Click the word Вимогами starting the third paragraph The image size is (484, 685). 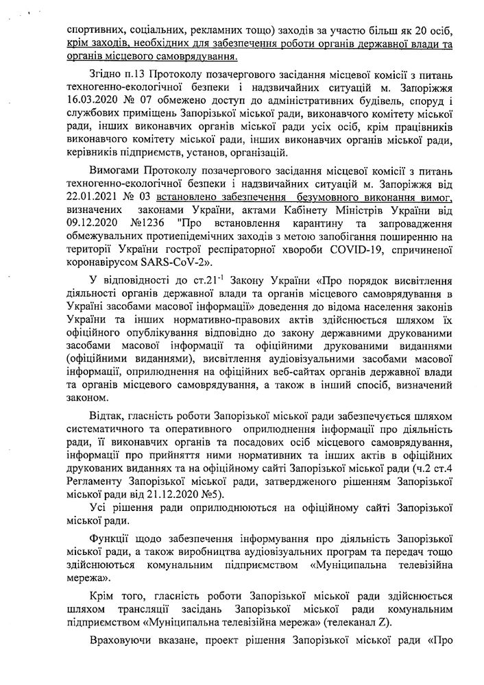(x=114, y=169)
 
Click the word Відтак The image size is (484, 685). (x=106, y=416)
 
